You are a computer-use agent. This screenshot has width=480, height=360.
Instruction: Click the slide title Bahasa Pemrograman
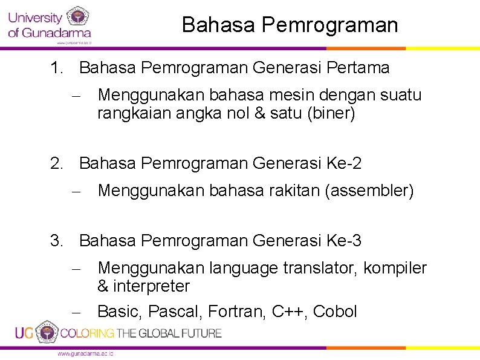click(290, 25)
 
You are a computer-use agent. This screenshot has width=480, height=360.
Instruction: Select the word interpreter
click(151, 286)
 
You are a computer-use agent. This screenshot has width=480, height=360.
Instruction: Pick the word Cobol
click(335, 312)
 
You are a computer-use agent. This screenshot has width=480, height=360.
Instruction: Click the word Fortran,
click(238, 312)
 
